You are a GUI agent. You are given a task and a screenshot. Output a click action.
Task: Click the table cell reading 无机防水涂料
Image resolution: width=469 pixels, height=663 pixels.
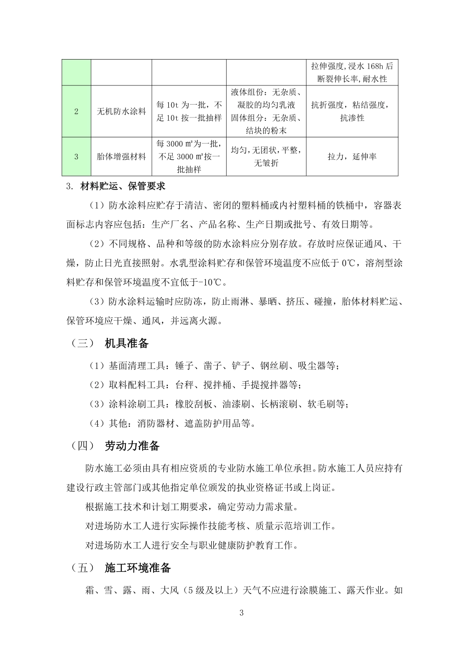pyautogui.click(x=121, y=111)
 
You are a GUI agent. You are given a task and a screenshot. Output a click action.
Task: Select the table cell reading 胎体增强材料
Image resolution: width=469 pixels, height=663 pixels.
pyautogui.click(x=121, y=157)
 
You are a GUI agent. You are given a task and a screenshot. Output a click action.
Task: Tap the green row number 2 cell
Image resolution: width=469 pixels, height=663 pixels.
pyautogui.click(x=77, y=111)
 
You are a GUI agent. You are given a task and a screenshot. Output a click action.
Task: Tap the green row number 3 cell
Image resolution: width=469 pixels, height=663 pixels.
pyautogui.click(x=77, y=157)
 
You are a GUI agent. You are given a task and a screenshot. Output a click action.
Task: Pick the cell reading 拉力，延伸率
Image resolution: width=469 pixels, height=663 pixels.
pyautogui.click(x=352, y=157)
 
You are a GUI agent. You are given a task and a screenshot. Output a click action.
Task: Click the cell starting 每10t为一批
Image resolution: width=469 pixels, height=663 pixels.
pyautogui.click(x=189, y=111)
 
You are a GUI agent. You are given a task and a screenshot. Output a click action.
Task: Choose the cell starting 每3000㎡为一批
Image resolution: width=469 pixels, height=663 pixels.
pyautogui.click(x=189, y=157)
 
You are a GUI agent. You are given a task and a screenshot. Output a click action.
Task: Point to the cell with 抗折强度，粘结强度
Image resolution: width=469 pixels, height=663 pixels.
pyautogui.click(x=352, y=111)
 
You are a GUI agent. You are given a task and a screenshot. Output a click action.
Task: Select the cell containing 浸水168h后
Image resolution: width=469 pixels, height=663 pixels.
pyautogui.click(x=352, y=73)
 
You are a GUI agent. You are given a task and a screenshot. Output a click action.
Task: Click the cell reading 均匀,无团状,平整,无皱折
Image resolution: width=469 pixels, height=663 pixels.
pyautogui.click(x=266, y=157)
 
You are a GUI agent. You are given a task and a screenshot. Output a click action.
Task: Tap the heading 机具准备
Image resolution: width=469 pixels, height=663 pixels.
pyautogui.click(x=127, y=343)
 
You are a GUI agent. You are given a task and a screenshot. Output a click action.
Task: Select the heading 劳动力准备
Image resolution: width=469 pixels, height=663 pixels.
pyautogui.click(x=132, y=446)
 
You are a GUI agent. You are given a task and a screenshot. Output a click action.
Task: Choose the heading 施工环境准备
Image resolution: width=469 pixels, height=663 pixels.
pyautogui.click(x=138, y=568)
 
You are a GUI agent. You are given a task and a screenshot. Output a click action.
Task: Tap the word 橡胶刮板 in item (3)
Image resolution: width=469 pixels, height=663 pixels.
pyautogui.click(x=194, y=404)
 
